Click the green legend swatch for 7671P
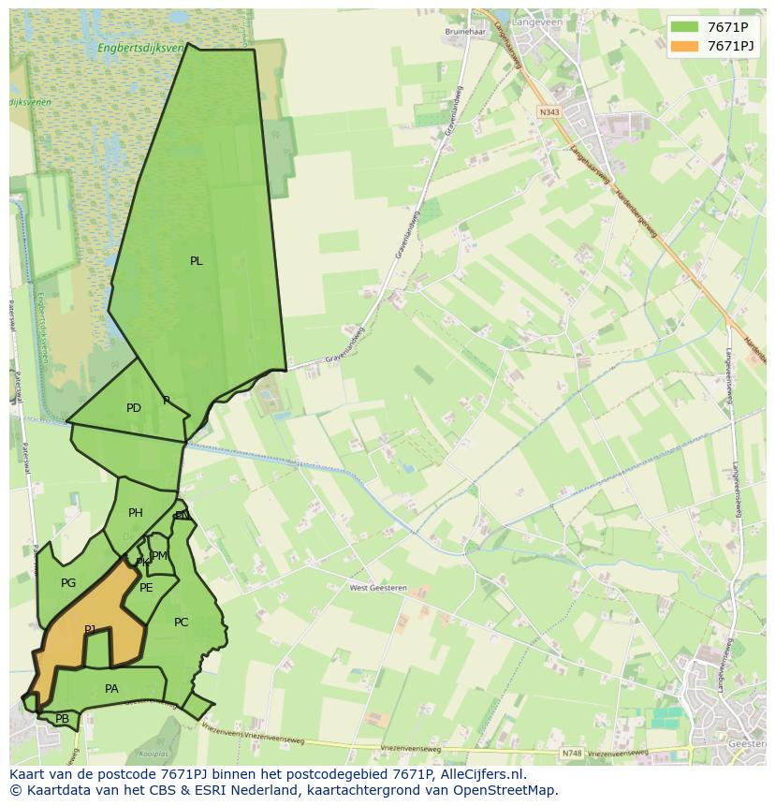pos(684,27)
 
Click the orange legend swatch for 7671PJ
pos(684,46)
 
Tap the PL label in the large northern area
pos(196,261)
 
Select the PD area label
pos(134,408)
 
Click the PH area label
pos(136,513)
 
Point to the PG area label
pos(68,583)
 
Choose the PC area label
pos(182,623)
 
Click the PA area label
pos(111,689)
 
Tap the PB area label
pos(62,719)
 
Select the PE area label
pos(146,588)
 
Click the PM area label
pos(160,556)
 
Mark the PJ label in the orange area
pos(90,630)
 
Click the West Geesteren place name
pos(378,588)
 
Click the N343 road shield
pos(548,111)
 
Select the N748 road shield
pos(571,753)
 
